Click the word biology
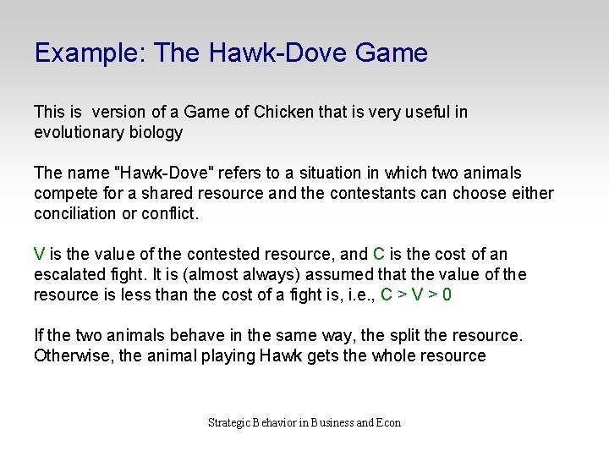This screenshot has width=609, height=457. pos(156,132)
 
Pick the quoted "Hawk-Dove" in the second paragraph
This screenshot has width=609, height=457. pos(167,173)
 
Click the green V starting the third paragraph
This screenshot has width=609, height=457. pos(39,254)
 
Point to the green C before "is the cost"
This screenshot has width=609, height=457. pos(379,254)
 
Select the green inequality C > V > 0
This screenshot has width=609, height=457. pos(415,295)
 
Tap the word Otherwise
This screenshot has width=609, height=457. pos(73,355)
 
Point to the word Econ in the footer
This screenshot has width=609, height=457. pos(388,422)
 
